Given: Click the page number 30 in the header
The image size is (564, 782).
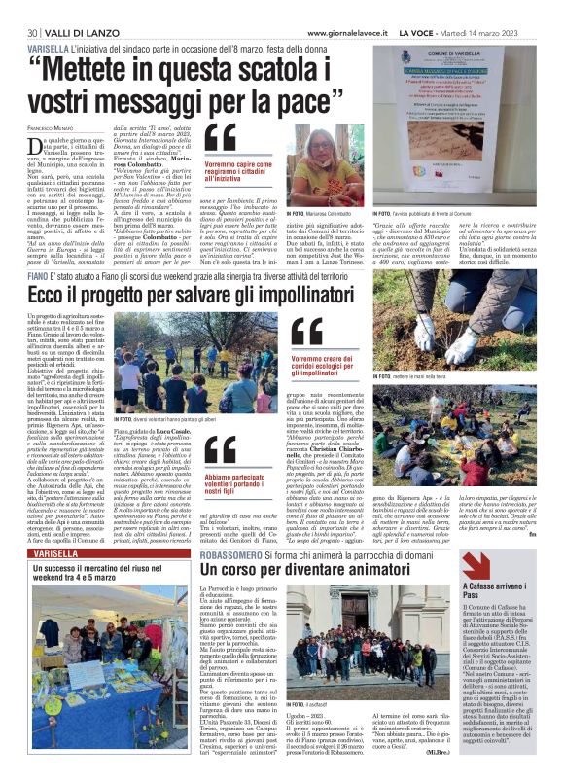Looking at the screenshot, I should point(33,8).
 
